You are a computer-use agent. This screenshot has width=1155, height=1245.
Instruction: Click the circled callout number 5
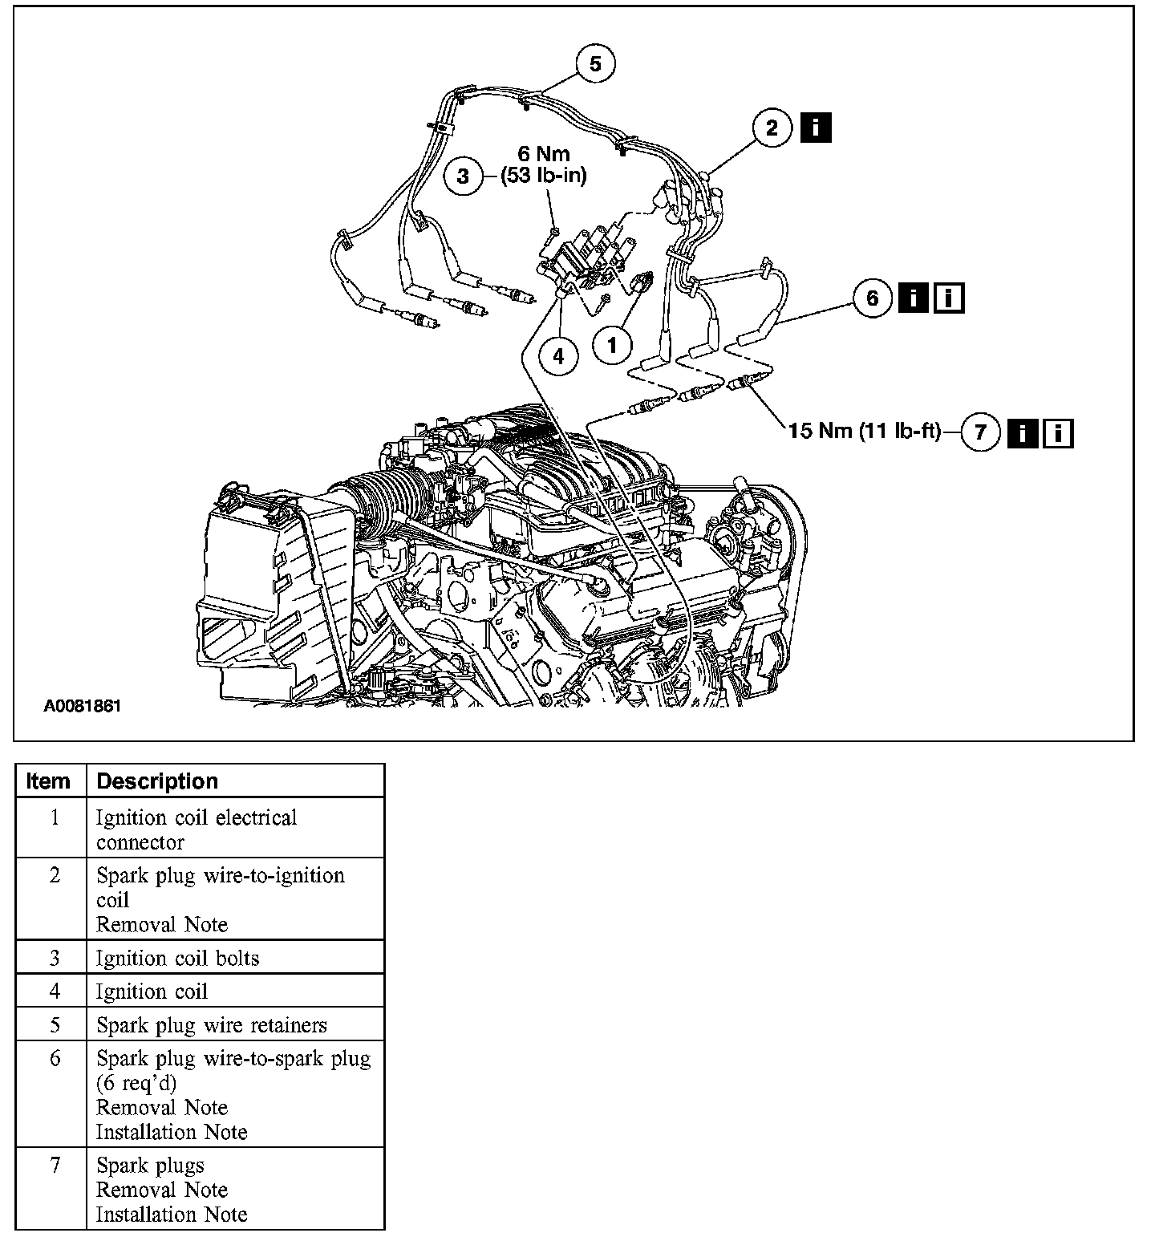[594, 63]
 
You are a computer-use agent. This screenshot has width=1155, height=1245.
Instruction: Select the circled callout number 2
[772, 128]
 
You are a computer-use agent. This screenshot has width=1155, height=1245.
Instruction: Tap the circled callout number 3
[463, 175]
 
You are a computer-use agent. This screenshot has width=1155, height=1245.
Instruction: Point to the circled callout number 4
[558, 354]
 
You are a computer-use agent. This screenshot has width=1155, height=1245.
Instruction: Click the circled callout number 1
[613, 345]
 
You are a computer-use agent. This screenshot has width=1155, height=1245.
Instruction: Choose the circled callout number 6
[873, 298]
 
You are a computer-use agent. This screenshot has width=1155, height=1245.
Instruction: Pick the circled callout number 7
[980, 432]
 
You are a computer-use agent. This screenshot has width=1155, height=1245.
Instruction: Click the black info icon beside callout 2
[816, 128]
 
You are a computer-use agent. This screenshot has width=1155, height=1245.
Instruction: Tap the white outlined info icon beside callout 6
[949, 298]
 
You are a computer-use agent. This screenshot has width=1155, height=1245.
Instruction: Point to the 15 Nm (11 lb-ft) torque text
[865, 432]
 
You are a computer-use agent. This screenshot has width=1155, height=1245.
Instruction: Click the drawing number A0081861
[82, 707]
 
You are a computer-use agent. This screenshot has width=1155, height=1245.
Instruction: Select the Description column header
[157, 781]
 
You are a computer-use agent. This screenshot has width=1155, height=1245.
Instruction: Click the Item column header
[48, 781]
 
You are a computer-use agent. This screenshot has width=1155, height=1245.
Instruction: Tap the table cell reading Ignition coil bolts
[178, 958]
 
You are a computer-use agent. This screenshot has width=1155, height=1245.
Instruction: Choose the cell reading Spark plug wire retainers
[212, 1025]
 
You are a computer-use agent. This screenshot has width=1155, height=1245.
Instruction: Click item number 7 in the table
[55, 1165]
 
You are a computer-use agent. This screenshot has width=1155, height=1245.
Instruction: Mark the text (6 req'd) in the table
[136, 1083]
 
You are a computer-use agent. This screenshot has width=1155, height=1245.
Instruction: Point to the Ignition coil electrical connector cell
[197, 829]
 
